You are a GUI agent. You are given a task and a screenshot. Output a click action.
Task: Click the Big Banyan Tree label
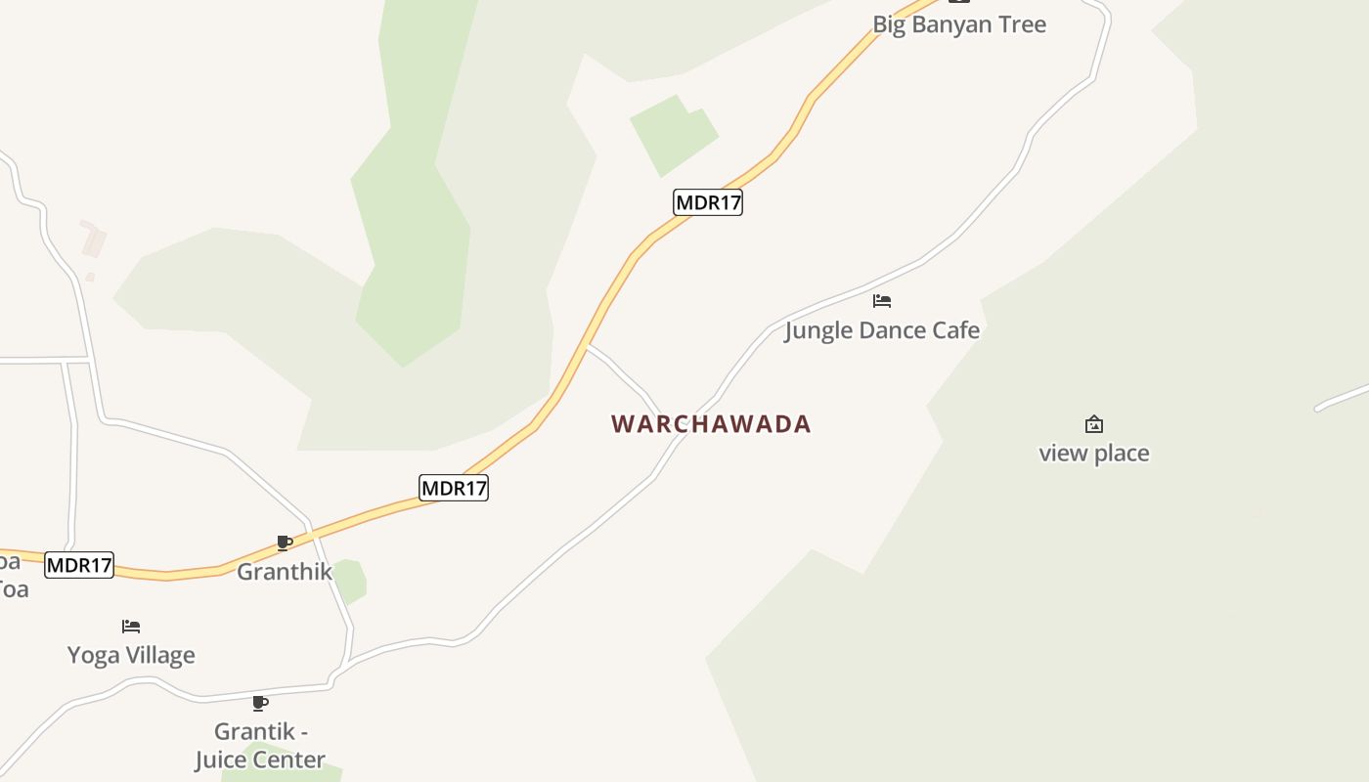point(959,24)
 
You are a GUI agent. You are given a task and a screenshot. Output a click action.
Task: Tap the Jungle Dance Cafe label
point(882,330)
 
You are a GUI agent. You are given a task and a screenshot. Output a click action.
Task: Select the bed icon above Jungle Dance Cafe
point(882,301)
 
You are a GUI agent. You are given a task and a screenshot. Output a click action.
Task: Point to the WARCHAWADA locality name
point(711,424)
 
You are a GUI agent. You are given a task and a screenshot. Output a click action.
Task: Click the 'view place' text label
point(1093,454)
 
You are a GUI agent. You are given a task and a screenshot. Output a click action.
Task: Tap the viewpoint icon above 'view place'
point(1094,424)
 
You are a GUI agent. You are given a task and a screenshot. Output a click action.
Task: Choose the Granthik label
point(285,572)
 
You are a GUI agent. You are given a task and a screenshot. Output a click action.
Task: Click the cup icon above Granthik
point(285,543)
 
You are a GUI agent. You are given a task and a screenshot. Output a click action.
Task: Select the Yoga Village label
point(131,655)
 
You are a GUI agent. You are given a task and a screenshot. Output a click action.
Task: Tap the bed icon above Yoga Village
point(131,626)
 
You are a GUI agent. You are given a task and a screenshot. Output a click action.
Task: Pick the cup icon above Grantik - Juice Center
point(260,703)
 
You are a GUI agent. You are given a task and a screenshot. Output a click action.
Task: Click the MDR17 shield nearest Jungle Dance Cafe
point(708,202)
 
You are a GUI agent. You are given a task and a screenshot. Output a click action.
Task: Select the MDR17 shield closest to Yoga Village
point(79,565)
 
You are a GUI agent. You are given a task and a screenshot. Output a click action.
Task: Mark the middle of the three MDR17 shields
point(454,487)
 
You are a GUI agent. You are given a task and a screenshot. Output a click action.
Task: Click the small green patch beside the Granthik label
point(350,581)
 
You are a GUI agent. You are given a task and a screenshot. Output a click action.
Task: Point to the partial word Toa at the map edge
point(13,589)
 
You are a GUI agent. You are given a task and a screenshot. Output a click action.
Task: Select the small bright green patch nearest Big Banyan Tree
point(674,134)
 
